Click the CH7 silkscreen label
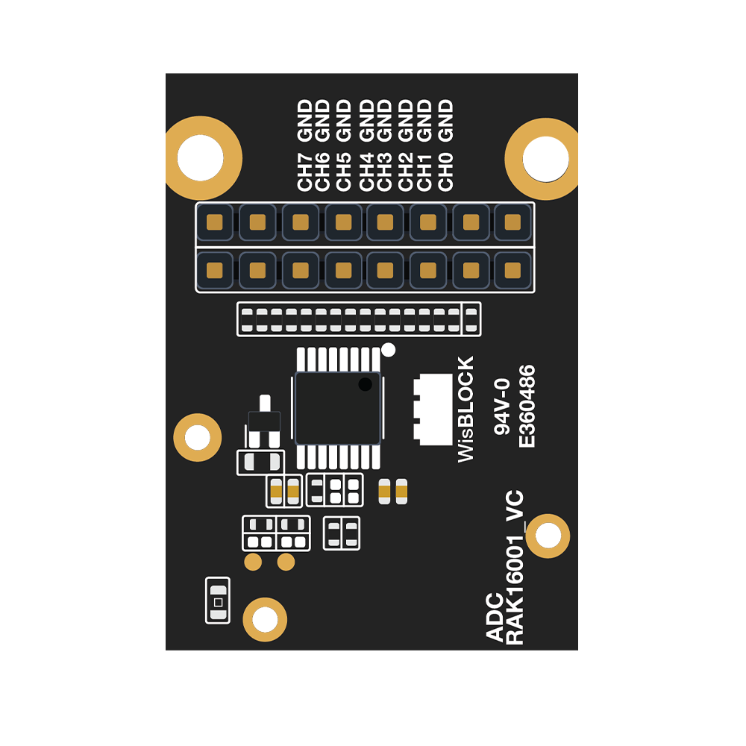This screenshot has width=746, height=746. (304, 172)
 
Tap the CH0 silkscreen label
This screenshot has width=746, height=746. (445, 172)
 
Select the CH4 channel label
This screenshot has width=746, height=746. (366, 172)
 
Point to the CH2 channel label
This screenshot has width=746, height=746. (405, 172)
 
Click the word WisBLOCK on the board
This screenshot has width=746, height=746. (466, 409)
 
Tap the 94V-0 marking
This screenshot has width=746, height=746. (502, 407)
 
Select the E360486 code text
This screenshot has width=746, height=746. (527, 406)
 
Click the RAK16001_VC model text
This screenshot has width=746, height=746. (514, 568)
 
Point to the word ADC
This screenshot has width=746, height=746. (495, 617)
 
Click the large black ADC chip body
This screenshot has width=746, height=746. (338, 409)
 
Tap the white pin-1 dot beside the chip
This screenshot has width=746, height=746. (388, 350)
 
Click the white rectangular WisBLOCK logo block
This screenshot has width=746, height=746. (433, 410)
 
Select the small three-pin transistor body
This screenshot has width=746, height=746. (265, 421)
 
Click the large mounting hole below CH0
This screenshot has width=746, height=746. (545, 159)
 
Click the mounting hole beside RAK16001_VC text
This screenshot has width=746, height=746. (548, 536)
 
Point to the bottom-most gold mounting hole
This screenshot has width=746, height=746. (265, 619)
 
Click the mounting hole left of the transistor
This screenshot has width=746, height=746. (198, 437)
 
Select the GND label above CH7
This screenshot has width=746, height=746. (304, 120)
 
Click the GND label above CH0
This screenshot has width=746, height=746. (445, 120)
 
